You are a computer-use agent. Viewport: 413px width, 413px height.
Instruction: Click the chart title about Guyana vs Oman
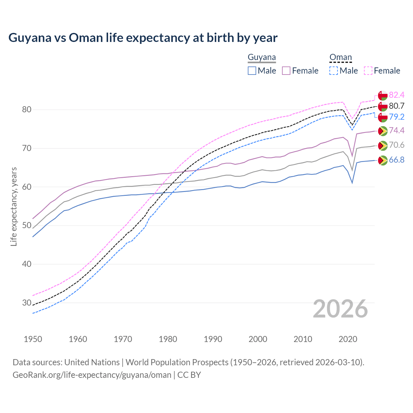[143, 38]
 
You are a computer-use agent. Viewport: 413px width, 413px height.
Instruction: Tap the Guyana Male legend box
[252, 71]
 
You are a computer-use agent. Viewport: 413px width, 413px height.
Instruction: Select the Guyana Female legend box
[287, 71]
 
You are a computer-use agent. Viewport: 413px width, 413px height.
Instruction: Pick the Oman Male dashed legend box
[334, 71]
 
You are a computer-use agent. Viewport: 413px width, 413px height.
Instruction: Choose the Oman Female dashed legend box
[368, 71]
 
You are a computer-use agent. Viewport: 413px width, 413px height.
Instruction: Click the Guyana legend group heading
[262, 57]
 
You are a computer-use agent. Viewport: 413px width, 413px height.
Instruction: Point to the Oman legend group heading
[340, 57]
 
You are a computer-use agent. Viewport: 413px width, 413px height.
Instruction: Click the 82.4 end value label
[397, 95]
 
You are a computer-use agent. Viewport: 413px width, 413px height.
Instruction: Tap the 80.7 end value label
[397, 106]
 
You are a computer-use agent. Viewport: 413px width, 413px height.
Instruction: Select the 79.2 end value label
[397, 117]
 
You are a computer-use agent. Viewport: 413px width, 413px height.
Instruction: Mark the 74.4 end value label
[397, 130]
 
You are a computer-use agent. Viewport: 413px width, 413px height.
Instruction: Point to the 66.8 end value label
[397, 160]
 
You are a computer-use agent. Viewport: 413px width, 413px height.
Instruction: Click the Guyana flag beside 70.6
[382, 146]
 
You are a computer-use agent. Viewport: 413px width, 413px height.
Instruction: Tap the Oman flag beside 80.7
[382, 106]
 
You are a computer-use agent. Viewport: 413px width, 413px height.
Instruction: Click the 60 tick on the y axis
[26, 187]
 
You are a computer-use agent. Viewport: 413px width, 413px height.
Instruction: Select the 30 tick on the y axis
[26, 303]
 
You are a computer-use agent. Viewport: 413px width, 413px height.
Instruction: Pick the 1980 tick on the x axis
[168, 339]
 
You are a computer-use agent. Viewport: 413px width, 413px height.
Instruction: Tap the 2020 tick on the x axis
[348, 339]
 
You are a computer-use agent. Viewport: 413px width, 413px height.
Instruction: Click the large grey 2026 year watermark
[340, 309]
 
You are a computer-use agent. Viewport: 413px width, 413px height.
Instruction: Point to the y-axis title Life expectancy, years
[14, 206]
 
